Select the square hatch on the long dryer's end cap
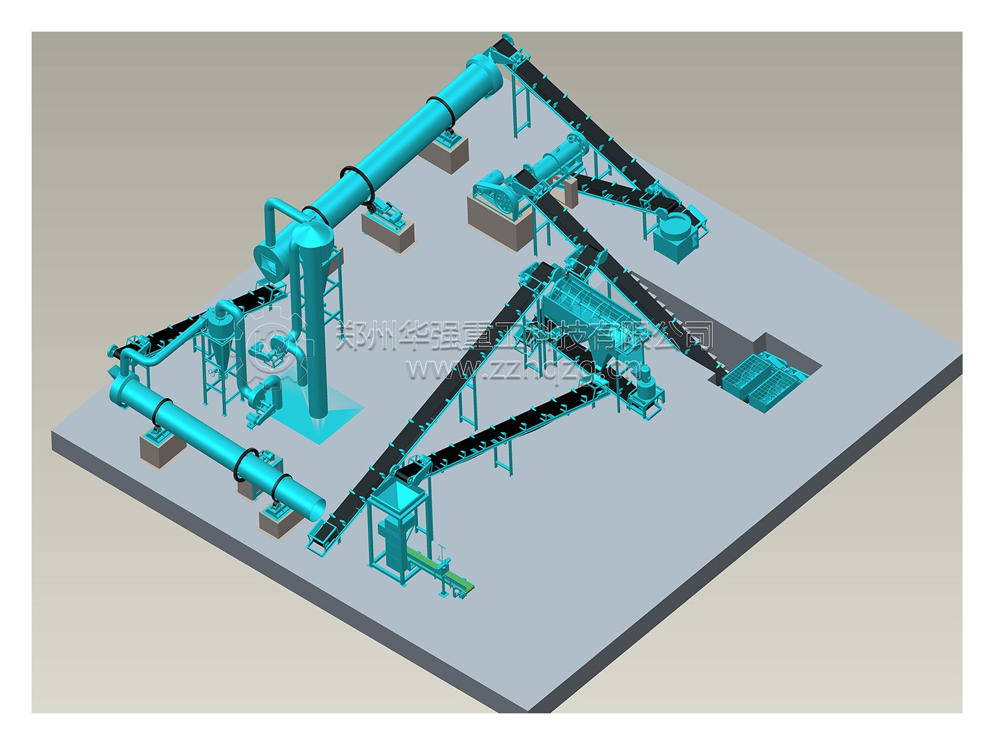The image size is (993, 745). point(268,264)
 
